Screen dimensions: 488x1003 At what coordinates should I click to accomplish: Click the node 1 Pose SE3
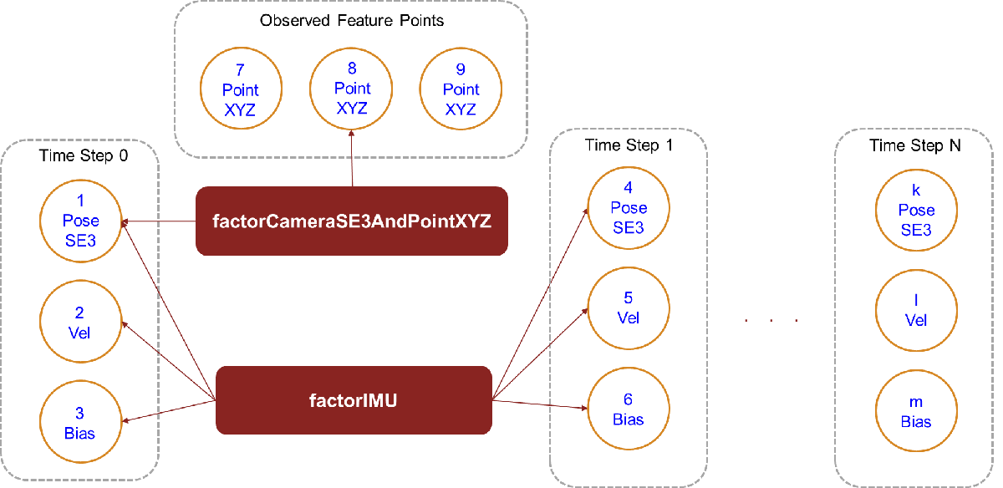(81, 221)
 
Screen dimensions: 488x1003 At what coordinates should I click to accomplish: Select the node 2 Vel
(81, 323)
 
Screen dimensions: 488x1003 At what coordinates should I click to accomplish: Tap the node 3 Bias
(81, 423)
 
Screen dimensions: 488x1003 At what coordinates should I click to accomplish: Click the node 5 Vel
(629, 308)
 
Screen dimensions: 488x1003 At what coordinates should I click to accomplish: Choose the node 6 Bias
(629, 409)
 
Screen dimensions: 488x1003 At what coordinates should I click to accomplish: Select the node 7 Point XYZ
(241, 89)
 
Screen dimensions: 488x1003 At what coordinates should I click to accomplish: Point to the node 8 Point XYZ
(351, 88)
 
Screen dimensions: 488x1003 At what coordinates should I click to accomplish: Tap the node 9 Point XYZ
(461, 89)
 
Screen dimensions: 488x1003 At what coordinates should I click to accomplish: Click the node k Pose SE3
(916, 210)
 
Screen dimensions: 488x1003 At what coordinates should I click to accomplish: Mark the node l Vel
(916, 310)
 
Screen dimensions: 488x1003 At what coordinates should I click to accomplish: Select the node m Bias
(916, 412)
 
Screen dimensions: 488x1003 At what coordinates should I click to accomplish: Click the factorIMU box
(353, 400)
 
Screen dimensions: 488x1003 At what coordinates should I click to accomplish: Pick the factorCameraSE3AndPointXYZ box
(351, 221)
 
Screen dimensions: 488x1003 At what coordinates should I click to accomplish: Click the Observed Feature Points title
(351, 21)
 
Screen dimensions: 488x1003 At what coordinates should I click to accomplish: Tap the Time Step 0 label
(84, 155)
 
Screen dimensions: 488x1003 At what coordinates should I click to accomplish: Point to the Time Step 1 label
(628, 145)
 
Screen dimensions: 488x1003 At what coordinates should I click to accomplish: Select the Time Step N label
(915, 145)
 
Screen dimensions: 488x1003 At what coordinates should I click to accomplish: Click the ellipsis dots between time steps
(770, 320)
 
